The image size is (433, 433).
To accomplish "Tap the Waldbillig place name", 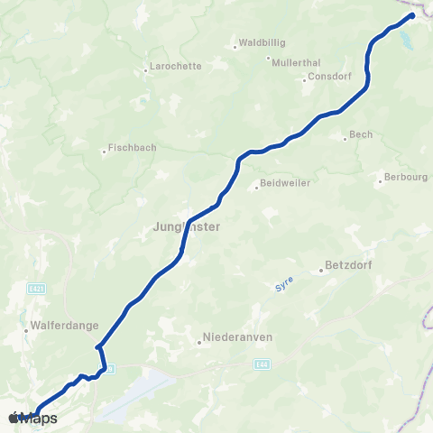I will pyautogui.click(x=259, y=41).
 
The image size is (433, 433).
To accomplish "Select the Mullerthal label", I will pyautogui.click(x=290, y=60).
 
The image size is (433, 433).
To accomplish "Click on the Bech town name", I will pyautogui.click(x=361, y=135).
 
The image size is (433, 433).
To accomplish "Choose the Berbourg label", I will pyautogui.click(x=405, y=177).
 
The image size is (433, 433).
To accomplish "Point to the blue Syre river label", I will pyautogui.click(x=285, y=286).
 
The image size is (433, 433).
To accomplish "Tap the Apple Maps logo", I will pyautogui.click(x=33, y=419).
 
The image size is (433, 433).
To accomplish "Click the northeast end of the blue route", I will pyautogui.click(x=412, y=15).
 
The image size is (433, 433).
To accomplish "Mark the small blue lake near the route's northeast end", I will pyautogui.click(x=404, y=41).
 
